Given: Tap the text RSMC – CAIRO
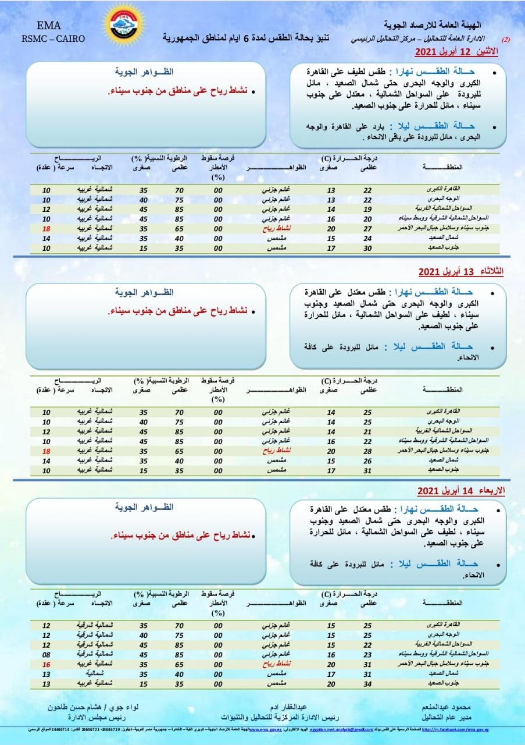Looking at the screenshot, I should tap(53, 39).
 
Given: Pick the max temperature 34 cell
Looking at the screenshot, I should tap(367, 683).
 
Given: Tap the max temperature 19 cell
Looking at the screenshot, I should tap(367, 208).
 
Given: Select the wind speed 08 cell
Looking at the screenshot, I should tap(47, 654).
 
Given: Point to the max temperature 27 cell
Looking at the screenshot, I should tap(367, 228).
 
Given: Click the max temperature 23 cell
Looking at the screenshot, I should tap(367, 654).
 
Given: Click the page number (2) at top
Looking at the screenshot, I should tap(505, 40).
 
